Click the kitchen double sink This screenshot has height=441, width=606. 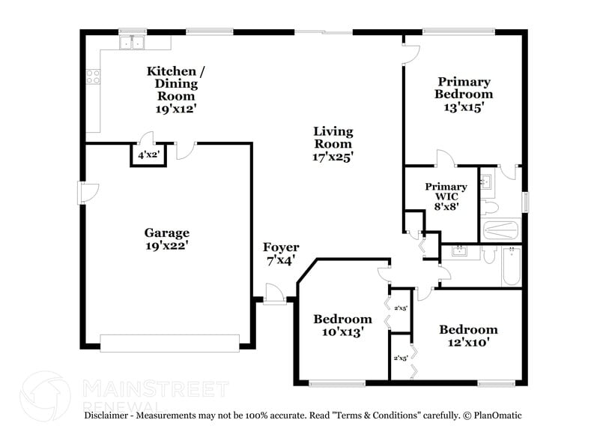(x=133, y=43)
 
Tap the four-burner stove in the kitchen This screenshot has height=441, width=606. (x=94, y=76)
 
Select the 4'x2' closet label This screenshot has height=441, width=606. (x=147, y=155)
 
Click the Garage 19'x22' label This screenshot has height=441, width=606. (x=166, y=238)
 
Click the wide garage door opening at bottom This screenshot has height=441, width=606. (x=169, y=343)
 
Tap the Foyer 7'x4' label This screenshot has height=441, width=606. (x=280, y=253)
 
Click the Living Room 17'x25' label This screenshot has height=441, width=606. (x=333, y=144)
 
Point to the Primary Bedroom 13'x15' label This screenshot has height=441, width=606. (x=464, y=94)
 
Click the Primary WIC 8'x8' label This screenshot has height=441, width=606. (x=446, y=197)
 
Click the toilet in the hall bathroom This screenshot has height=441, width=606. (x=489, y=256)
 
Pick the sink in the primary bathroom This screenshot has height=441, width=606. (x=485, y=181)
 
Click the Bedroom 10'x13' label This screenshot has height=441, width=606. (x=342, y=325)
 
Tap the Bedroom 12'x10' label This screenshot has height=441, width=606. (x=468, y=335)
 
